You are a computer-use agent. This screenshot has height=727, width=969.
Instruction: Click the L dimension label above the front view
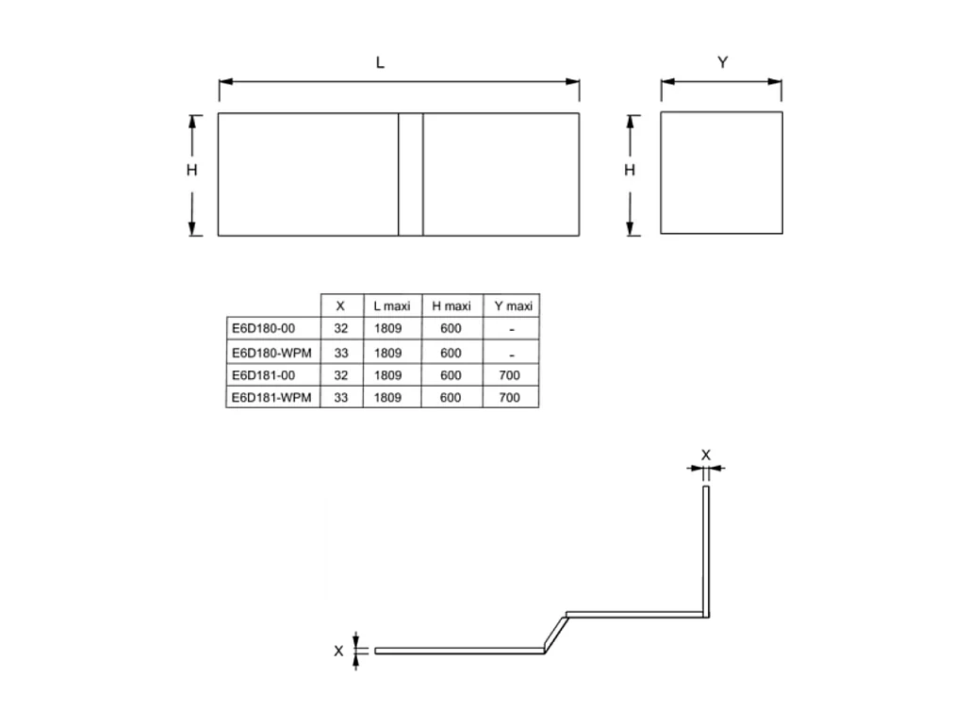pyautogui.click(x=380, y=63)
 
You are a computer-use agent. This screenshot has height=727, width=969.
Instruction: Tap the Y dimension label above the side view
pyautogui.click(x=722, y=63)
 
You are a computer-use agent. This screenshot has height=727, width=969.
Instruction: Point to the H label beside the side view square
pyautogui.click(x=631, y=171)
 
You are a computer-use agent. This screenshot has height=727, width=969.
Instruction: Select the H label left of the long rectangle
pyautogui.click(x=191, y=171)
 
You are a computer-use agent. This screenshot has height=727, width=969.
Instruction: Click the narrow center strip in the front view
pyautogui.click(x=410, y=174)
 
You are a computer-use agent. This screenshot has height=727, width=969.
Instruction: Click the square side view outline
pyautogui.click(x=721, y=173)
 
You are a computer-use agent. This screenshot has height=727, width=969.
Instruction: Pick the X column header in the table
pyautogui.click(x=340, y=306)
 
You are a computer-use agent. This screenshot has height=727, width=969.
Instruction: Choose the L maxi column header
pyautogui.click(x=391, y=306)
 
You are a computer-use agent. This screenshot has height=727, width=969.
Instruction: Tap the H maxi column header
pyautogui.click(x=452, y=306)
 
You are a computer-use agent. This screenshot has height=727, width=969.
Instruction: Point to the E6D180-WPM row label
pyautogui.click(x=271, y=353)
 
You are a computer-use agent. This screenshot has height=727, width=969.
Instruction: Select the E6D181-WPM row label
pyautogui.click(x=271, y=398)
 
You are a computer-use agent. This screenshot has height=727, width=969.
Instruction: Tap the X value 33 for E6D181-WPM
pyautogui.click(x=340, y=398)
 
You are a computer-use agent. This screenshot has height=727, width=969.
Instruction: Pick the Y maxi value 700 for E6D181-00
pyautogui.click(x=510, y=375)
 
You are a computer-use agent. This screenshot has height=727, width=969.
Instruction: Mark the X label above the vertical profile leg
pyautogui.click(x=706, y=454)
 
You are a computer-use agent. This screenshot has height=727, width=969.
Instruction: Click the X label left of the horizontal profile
pyautogui.click(x=338, y=651)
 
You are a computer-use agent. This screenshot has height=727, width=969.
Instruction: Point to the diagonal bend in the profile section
pyautogui.click(x=555, y=633)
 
